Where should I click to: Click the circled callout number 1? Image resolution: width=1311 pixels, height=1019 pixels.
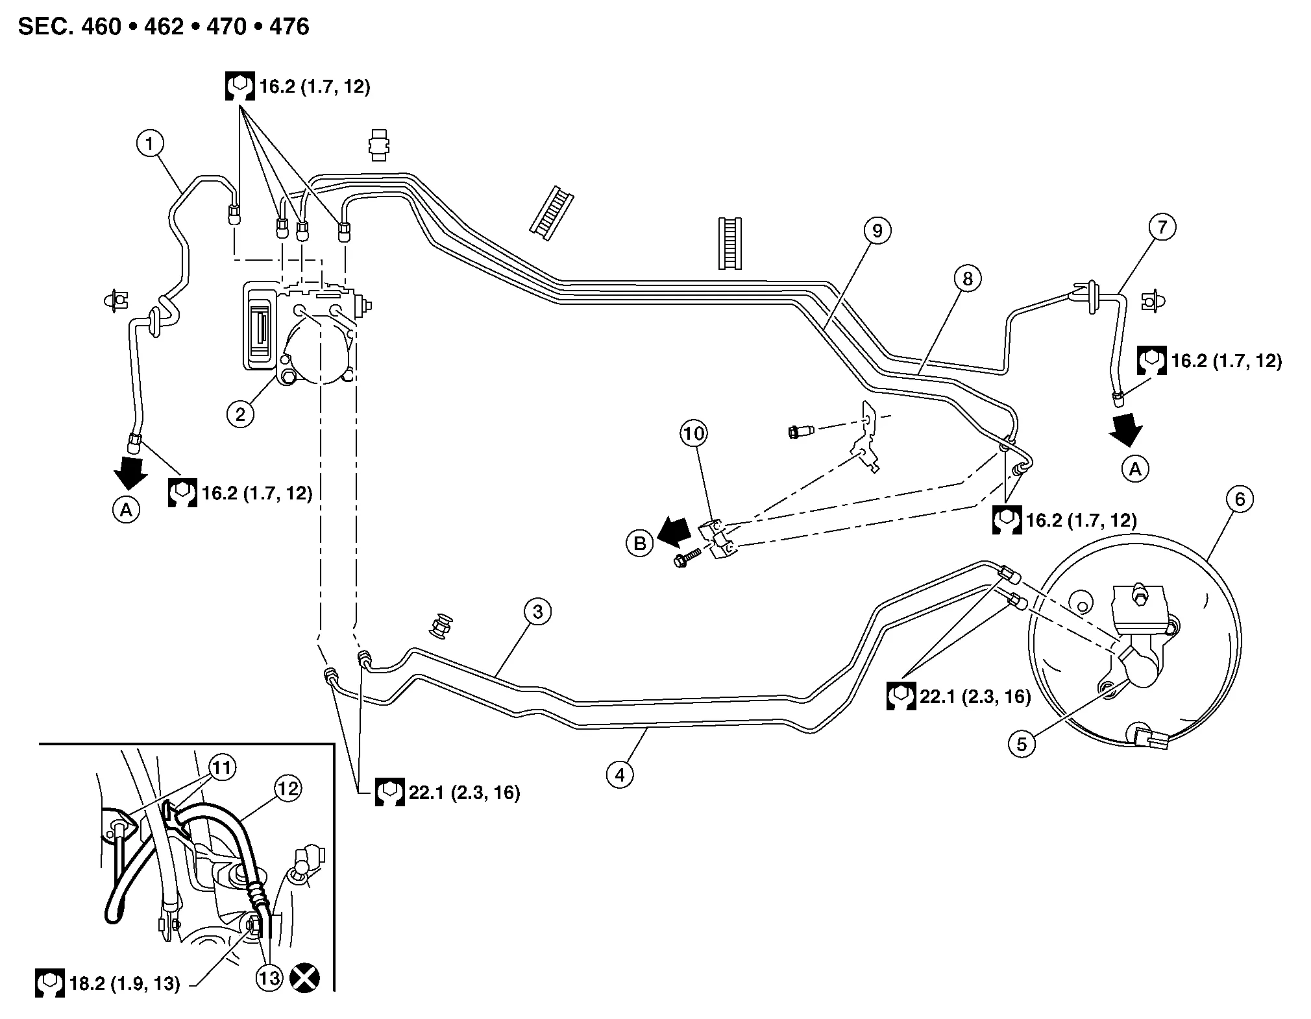(x=150, y=143)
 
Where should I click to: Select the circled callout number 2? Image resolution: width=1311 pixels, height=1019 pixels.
(x=240, y=413)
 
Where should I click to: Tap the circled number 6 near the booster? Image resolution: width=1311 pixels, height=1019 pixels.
(x=1240, y=499)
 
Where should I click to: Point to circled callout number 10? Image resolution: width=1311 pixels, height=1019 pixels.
(x=694, y=433)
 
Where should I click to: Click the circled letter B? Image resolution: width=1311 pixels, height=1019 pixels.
(x=640, y=543)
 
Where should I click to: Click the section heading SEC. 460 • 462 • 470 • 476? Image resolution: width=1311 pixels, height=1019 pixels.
(x=164, y=27)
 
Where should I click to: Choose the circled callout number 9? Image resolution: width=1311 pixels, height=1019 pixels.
(x=877, y=230)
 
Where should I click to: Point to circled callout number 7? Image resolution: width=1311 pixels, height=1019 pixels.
(x=1162, y=226)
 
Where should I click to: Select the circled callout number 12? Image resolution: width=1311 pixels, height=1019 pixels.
(x=288, y=788)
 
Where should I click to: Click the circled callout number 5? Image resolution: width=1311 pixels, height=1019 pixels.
(x=1022, y=744)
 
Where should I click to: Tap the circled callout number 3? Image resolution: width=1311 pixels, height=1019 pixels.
(x=537, y=611)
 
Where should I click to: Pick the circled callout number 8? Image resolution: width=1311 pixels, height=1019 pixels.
(x=968, y=278)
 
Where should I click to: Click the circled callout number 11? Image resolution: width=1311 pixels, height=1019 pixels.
(x=222, y=768)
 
